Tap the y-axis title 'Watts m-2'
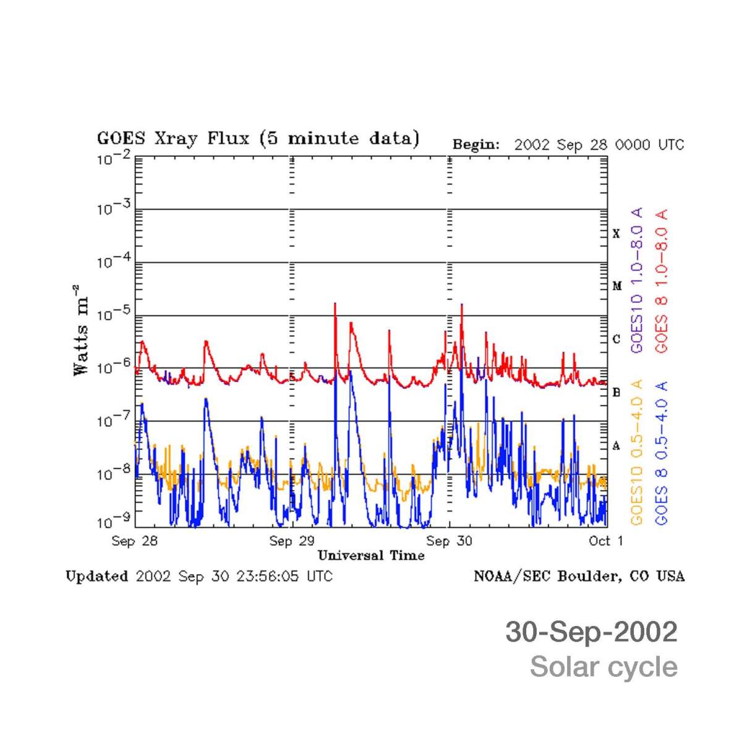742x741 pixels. pyautogui.click(x=81, y=329)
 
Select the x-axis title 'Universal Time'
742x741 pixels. pyautogui.click(x=371, y=556)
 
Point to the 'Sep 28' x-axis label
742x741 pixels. pyautogui.click(x=135, y=541)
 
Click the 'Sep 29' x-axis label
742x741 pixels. pyautogui.click(x=292, y=541)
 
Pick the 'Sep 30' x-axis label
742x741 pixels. pyautogui.click(x=449, y=541)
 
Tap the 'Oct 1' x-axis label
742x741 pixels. pyautogui.click(x=606, y=541)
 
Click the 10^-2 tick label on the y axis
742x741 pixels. pyautogui.click(x=114, y=159)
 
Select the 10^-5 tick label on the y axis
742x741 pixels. pyautogui.click(x=114, y=316)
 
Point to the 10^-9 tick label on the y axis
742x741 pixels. pyautogui.click(x=114, y=523)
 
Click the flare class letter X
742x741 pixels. pyautogui.click(x=616, y=234)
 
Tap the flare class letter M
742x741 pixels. pyautogui.click(x=616, y=286)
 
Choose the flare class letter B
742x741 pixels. pyautogui.click(x=616, y=392)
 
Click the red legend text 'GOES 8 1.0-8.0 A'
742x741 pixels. pyautogui.click(x=662, y=281)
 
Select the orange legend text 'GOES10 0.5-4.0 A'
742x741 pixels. pyautogui.click(x=637, y=452)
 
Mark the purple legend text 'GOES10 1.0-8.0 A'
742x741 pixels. pyautogui.click(x=637, y=281)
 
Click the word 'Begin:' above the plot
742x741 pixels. pyautogui.click(x=475, y=145)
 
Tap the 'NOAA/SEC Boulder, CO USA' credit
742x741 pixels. pyautogui.click(x=579, y=577)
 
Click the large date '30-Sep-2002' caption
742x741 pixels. pyautogui.click(x=591, y=632)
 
